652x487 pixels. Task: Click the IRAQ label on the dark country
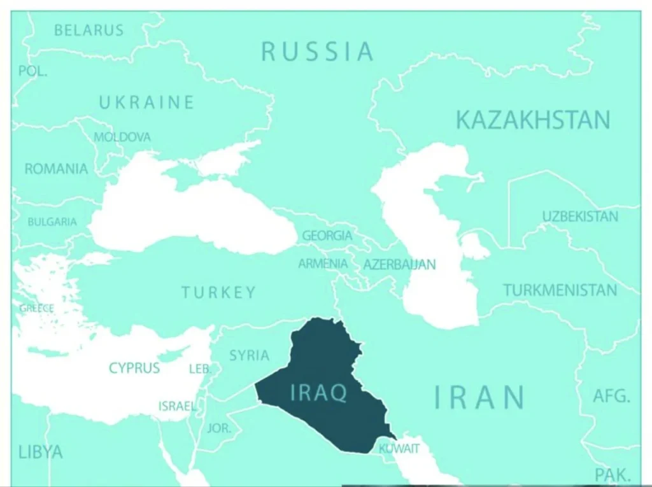[318, 393]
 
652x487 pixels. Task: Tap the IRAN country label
[480, 397]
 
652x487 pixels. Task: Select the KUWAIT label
[399, 449]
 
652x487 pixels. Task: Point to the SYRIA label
[249, 355]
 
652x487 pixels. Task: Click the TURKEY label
[218, 293]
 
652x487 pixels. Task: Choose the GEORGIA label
[327, 236]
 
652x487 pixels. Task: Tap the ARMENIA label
[323, 264]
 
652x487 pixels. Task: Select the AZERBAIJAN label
[399, 264]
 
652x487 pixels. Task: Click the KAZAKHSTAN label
[533, 120]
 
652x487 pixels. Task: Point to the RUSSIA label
[317, 52]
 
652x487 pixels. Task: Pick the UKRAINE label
[146, 102]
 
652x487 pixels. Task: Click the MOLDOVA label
[122, 137]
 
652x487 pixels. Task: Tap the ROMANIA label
[56, 169]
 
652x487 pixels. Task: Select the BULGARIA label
[52, 222]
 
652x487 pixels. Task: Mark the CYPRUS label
[134, 368]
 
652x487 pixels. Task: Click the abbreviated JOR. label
[219, 428]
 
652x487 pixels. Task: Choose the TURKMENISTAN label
[560, 290]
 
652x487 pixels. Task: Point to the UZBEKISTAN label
[579, 216]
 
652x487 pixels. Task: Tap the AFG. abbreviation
[611, 396]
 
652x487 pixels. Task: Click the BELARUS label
[89, 30]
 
